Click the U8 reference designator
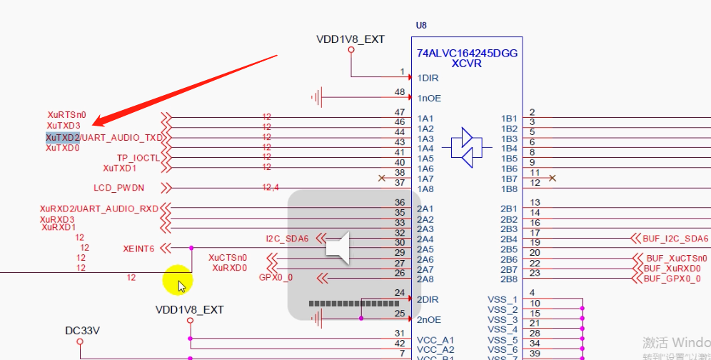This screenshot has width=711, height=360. point(421,25)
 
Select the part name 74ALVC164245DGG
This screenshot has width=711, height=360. point(467,54)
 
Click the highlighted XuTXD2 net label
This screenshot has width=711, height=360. point(63,137)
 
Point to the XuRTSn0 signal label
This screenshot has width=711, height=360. point(66,114)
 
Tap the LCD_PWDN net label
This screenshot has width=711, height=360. point(118,188)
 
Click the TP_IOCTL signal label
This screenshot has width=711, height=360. point(138,158)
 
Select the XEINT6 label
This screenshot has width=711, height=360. point(138,249)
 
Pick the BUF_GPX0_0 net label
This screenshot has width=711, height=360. point(672,279)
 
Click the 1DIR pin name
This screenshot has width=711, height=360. point(428,78)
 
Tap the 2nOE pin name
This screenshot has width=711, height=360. point(429,319)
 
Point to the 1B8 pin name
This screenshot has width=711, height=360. point(509,189)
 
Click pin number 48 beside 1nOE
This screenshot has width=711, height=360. point(400,92)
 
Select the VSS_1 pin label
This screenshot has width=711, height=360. point(502,299)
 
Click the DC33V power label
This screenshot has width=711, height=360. point(82,331)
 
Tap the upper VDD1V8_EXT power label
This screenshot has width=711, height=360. point(351,39)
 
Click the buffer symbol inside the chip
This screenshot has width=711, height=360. point(468,148)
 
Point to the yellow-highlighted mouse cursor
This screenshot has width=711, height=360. point(178,281)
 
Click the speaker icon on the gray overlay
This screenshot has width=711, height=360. point(337,247)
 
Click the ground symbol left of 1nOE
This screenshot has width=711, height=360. point(318,97)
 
